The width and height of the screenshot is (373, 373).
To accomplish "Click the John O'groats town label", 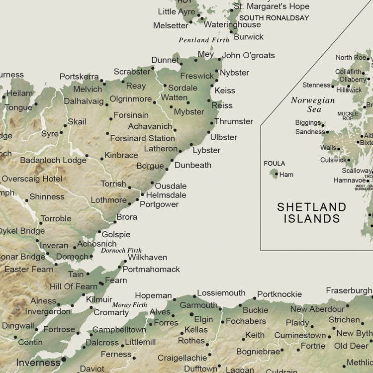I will click(x=248, y=56).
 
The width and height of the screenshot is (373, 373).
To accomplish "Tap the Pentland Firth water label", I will click(x=204, y=40).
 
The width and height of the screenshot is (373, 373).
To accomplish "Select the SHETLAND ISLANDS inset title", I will click(x=312, y=212).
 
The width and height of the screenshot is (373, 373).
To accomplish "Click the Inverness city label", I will click(x=38, y=363).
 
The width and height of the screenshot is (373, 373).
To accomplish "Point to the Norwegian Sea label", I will click(x=313, y=105).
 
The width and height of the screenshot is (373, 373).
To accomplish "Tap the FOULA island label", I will click(x=275, y=163).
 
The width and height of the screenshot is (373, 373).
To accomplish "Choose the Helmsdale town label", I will click(x=166, y=195).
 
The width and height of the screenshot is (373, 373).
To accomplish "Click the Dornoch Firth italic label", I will click(x=121, y=251).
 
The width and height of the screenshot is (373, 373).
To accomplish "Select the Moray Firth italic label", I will click(x=129, y=305).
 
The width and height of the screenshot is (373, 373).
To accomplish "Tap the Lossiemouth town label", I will click(x=221, y=293).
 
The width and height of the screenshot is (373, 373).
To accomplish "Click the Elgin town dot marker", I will click(x=191, y=314).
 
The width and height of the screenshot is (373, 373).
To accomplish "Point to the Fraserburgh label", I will click(x=349, y=290).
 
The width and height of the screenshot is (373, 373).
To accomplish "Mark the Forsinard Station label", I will click(x=142, y=138).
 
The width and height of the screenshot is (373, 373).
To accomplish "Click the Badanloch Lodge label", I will click(x=53, y=160).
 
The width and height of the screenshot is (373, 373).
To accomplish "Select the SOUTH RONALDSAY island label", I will click(x=275, y=17).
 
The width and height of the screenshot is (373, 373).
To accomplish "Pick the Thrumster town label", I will click(x=234, y=121).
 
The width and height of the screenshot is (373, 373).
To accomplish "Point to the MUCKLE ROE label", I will click(x=348, y=116).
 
